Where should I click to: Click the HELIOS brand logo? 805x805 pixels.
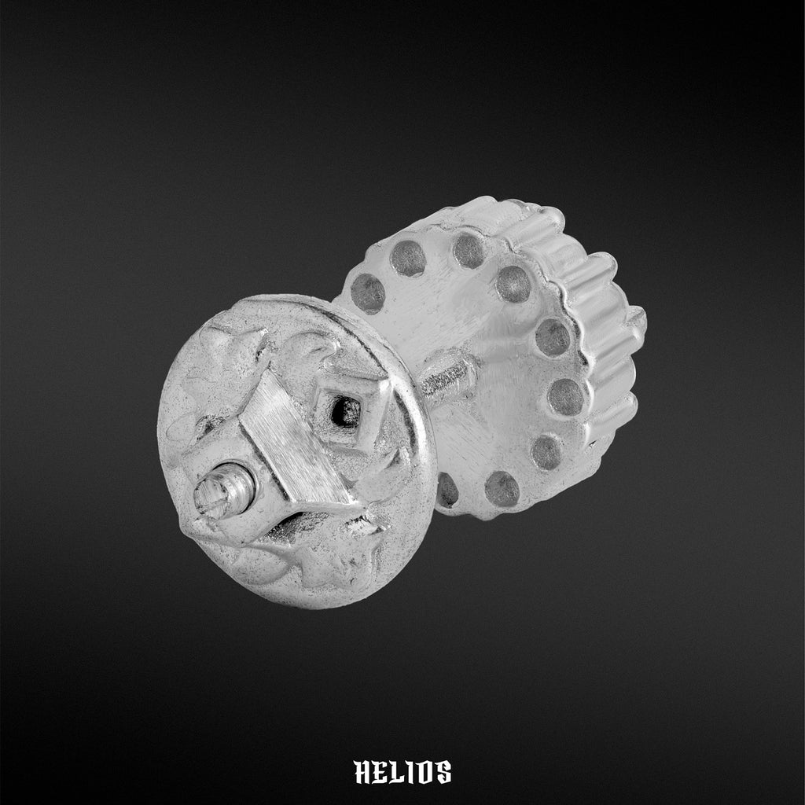(x=402, y=772)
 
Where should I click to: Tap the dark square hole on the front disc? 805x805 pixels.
(x=346, y=412)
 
